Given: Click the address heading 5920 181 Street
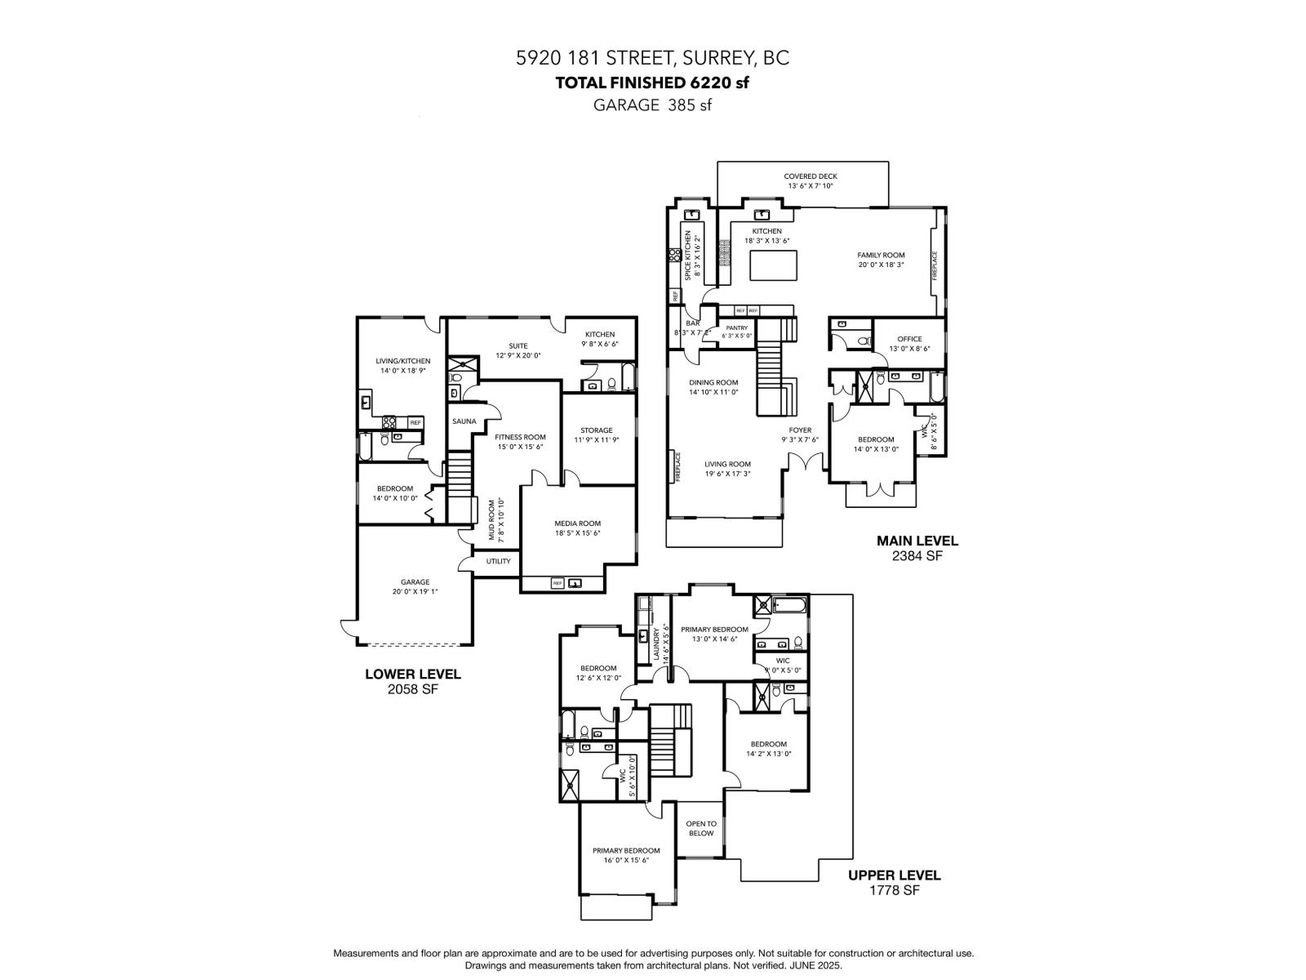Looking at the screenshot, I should (652, 58).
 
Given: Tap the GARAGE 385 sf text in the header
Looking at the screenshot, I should (652, 105).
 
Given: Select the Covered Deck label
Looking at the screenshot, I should (810, 176).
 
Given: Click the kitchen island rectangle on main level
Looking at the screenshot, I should (773, 266).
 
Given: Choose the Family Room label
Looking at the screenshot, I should (881, 255).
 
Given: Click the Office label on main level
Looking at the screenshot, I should (908, 339).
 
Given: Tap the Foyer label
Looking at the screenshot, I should (800, 430).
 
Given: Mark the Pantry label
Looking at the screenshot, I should (736, 328).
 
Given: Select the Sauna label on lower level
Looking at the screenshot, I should (464, 421).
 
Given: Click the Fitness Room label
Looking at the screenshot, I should (520, 437).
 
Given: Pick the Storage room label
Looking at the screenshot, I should (596, 430).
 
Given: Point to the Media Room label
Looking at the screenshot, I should (577, 523).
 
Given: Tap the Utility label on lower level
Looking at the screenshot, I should (498, 561).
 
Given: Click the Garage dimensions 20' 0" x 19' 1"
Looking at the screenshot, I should (415, 592).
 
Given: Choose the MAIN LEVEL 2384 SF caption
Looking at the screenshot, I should (917, 547).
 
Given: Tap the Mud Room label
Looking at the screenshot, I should (492, 521).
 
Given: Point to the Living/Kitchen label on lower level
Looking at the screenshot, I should (402, 360).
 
